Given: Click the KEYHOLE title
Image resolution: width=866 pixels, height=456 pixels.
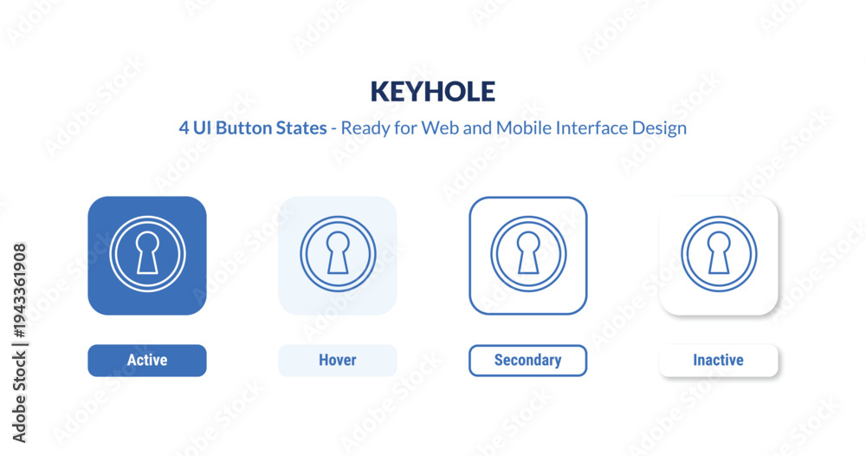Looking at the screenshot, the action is (432, 92).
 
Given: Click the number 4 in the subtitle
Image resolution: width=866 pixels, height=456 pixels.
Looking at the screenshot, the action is (184, 128).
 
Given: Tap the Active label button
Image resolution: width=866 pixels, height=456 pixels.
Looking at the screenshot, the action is (147, 361).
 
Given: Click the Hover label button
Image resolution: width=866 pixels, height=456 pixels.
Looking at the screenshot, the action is (338, 361).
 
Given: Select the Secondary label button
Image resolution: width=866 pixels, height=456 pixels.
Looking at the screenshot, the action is (528, 361).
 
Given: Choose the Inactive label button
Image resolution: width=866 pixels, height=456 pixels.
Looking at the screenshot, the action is (719, 361).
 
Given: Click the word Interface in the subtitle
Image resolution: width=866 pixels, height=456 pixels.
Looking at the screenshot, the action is (592, 127).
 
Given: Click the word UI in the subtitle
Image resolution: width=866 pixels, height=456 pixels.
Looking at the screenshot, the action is (202, 127).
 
